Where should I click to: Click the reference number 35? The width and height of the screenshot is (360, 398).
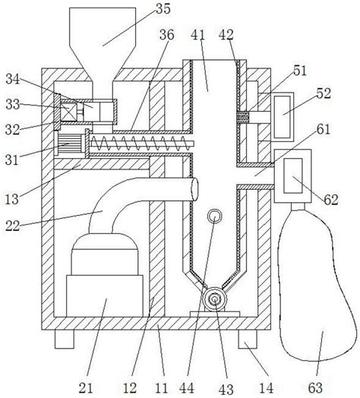click(163, 9)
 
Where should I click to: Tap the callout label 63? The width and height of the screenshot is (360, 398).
click(316, 388)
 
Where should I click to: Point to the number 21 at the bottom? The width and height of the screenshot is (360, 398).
click(86, 388)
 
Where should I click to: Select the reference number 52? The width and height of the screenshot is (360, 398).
click(324, 93)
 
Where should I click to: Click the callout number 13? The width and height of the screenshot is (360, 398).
click(11, 199)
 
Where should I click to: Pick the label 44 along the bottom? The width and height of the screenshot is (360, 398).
click(187, 388)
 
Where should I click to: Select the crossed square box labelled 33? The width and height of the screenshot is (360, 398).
click(69, 112)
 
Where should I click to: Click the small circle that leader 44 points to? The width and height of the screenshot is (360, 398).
click(214, 216)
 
